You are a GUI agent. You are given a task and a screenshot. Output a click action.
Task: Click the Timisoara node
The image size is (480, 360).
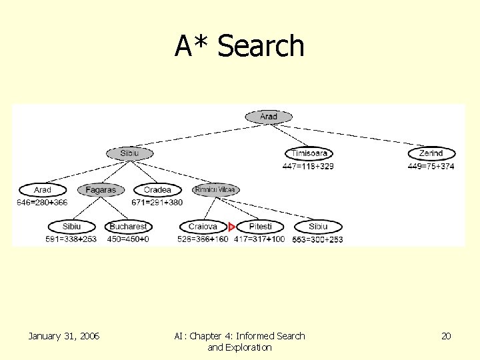[309, 153]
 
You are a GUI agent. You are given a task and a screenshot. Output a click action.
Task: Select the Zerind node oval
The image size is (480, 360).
[431, 153]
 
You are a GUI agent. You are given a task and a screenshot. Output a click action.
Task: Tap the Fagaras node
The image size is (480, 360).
[101, 190]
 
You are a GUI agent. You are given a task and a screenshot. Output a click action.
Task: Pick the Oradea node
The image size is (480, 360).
[157, 190]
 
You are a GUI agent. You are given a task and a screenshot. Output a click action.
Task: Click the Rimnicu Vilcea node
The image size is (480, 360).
[215, 190]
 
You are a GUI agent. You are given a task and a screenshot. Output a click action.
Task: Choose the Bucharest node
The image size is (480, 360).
[128, 227]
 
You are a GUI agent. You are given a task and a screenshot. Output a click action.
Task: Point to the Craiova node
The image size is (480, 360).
[203, 227]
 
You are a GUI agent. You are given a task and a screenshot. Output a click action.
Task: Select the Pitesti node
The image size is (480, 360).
[261, 227]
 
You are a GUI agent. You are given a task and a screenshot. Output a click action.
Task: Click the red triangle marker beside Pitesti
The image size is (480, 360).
[231, 227]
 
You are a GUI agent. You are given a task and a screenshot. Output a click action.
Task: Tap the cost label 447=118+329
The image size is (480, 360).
[308, 166]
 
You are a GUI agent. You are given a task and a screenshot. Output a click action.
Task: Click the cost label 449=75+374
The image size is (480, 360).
[431, 166]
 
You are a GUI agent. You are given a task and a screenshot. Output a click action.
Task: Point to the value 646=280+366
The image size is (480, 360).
[43, 202]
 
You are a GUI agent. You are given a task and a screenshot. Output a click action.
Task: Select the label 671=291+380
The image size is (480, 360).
[157, 202]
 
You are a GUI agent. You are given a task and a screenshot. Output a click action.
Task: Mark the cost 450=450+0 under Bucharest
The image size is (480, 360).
[128, 239]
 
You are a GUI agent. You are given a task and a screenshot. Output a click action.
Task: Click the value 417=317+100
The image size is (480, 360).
[259, 239]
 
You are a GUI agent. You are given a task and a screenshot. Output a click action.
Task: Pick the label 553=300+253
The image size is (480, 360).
[317, 239]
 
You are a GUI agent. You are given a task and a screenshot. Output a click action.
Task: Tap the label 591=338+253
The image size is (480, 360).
[71, 239]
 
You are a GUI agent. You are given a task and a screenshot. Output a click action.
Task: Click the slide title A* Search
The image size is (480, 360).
[239, 46]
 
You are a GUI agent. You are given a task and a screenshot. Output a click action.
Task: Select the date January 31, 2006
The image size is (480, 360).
[64, 336]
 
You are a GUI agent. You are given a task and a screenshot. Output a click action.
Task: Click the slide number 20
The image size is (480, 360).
[446, 336]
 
